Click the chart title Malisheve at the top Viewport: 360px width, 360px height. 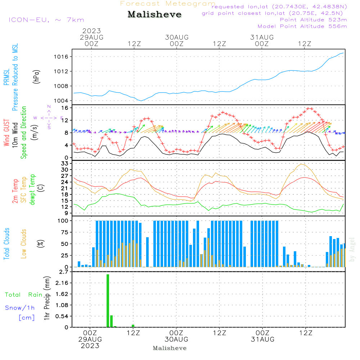coord(154,15)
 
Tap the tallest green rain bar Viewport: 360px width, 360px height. coord(108,301)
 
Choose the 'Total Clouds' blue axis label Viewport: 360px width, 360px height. coord(6,244)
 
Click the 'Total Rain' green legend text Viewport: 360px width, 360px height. coord(24,295)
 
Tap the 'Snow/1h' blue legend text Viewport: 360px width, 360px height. coord(20,308)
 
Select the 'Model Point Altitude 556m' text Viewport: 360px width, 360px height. coord(302,26)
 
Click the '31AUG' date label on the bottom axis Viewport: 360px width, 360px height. coord(263,339)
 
